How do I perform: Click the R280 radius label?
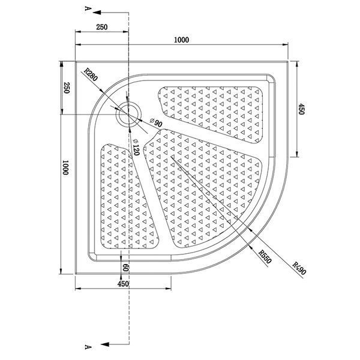[91, 74]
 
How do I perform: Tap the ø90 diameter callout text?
[156, 123]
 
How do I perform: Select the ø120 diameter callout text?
[136, 147]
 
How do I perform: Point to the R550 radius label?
[265, 257]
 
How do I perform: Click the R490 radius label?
[299, 268]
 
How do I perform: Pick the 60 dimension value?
[125, 267]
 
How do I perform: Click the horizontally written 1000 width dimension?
[181, 40]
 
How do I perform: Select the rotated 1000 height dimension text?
[65, 167]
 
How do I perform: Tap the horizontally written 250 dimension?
[102, 27]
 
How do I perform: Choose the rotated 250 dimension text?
[66, 88]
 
